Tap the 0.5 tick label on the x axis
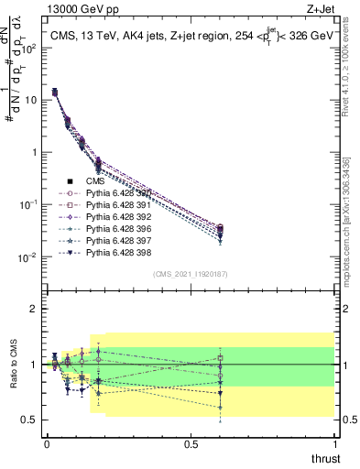(191, 442)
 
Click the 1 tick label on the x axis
(334, 442)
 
